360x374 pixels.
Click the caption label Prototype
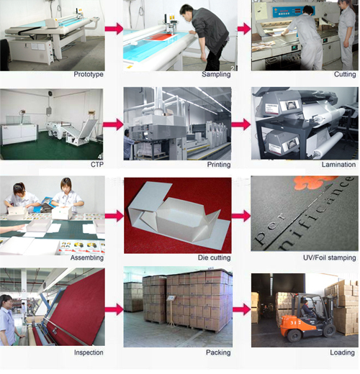[89, 74]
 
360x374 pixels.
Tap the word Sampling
[216, 74]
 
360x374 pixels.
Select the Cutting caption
[345, 74]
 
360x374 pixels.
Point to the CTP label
[97, 165]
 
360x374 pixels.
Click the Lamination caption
[338, 165]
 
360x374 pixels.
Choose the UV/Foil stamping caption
[329, 257]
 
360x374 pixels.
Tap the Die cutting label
[214, 257]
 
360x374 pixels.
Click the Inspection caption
[89, 352]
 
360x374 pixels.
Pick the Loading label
[342, 352]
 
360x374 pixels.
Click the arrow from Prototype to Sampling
[114, 29]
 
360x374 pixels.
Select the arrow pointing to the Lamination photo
[241, 124]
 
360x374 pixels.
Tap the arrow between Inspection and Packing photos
[114, 309]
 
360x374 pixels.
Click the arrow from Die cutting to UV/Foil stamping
[241, 216]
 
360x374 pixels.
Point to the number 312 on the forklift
[295, 322]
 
